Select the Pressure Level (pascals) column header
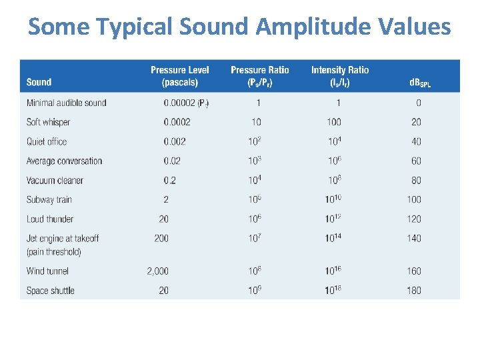coord(179,76)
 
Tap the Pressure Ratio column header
coord(259,76)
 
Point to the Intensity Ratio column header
coord(339,76)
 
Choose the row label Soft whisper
coord(48,122)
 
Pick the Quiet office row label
coord(47,141)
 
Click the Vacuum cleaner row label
coord(55,180)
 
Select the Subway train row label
coord(49,199)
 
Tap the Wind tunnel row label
coord(47,271)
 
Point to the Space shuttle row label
coord(50,291)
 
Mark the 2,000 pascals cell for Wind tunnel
coord(158,271)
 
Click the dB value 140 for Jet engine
coord(414,238)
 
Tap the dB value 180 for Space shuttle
coord(414,291)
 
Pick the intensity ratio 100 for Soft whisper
coord(334,122)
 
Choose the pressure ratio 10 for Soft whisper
coord(257,122)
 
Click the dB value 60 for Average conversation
coord(416,161)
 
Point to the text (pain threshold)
coord(53,252)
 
